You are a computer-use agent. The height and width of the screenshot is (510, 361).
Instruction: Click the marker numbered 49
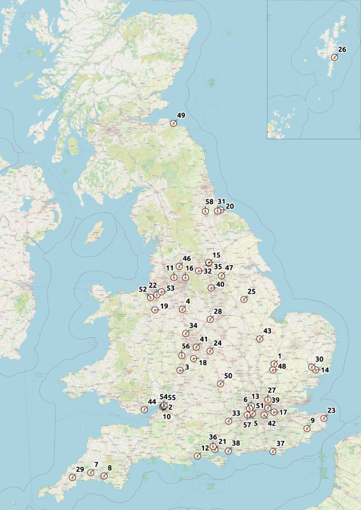click(173, 123)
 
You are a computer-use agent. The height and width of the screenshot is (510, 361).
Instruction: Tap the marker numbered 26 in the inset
click(335, 58)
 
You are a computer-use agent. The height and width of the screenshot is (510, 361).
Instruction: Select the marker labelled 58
click(205, 211)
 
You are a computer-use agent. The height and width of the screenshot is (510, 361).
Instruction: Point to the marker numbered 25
click(244, 300)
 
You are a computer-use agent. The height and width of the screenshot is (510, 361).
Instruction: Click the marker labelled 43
click(260, 339)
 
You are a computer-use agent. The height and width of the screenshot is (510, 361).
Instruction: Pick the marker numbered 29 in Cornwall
click(72, 478)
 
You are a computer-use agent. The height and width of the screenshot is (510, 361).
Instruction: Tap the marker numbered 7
click(90, 473)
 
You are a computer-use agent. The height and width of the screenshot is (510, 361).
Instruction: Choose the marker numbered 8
click(104, 476)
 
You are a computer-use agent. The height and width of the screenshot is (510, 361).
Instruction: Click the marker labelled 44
click(144, 410)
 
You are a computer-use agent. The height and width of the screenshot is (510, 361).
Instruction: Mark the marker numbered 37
click(273, 452)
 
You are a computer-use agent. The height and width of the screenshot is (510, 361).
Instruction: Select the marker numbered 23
click(324, 419)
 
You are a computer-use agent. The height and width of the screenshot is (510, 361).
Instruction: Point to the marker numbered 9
click(307, 429)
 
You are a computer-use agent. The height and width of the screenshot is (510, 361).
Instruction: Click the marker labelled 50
click(220, 384)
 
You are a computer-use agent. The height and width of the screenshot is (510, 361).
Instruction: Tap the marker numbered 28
click(210, 319)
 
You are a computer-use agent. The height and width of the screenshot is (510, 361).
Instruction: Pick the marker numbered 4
click(182, 310)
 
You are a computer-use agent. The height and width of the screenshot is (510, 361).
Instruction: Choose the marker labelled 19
click(155, 310)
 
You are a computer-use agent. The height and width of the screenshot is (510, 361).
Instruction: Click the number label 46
click(187, 259)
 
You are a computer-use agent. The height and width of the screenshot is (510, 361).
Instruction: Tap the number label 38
click(236, 443)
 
